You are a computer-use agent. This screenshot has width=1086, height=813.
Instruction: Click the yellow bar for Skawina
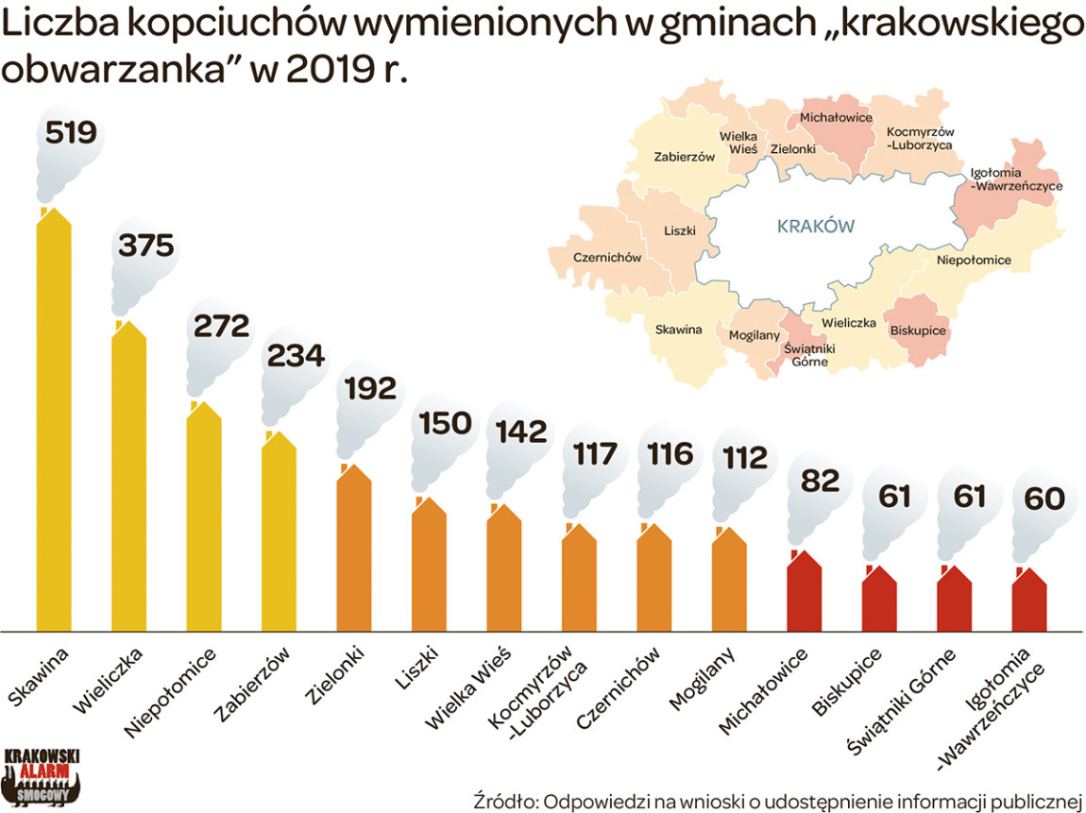coord(54,425)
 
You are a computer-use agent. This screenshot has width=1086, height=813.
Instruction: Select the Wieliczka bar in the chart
coord(128,482)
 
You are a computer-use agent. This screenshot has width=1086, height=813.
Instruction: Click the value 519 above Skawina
coord(71,132)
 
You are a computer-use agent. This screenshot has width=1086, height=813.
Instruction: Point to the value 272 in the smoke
coord(221,326)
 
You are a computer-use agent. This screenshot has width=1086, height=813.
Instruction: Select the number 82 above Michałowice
coord(819,481)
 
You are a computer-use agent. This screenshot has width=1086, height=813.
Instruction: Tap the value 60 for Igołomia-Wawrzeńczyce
coord(1044,498)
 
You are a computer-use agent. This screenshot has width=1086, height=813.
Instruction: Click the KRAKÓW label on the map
coord(815,227)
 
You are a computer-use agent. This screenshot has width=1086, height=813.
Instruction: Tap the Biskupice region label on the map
coord(918,330)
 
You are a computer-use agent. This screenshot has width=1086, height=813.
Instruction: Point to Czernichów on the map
coord(607,258)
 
